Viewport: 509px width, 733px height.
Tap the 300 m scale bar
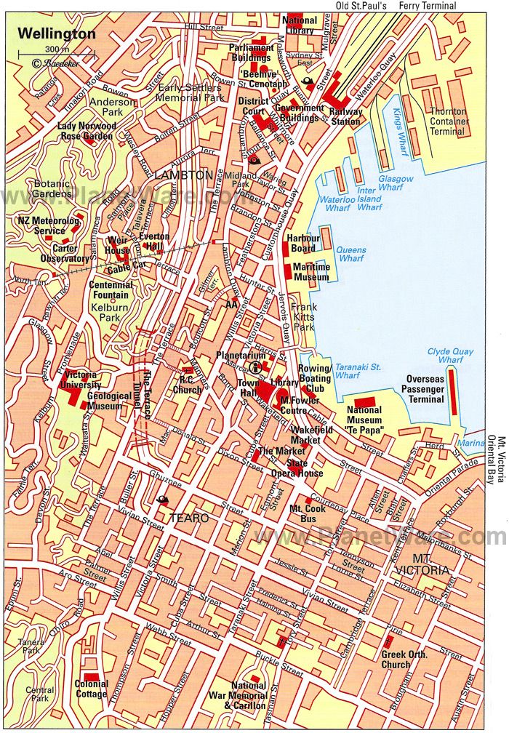coord(44,55)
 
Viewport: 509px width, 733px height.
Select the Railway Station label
coord(345,117)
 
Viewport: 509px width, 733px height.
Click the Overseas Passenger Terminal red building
coord(452,390)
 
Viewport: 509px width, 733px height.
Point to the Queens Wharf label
coord(352,254)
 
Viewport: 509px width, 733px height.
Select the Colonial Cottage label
coord(92,689)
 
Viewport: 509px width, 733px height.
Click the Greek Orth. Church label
coord(405,660)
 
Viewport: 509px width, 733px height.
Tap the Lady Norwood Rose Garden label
coord(85,131)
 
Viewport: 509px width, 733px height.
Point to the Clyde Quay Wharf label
coord(445,356)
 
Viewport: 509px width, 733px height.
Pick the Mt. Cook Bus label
coord(305,513)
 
